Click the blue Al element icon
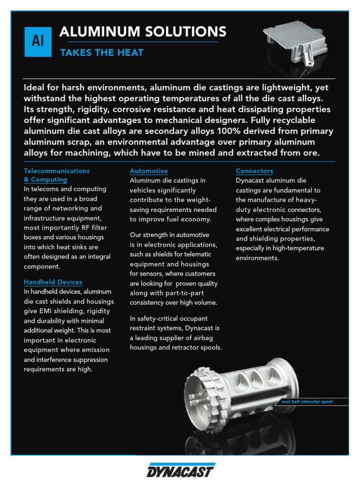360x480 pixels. pyautogui.click(x=38, y=42)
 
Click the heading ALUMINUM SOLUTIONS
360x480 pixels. pyautogui.click(x=142, y=32)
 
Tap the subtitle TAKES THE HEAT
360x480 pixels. pyautogui.click(x=101, y=52)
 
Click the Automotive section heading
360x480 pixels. pyautogui.click(x=149, y=171)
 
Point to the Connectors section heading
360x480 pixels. pyautogui.click(x=255, y=171)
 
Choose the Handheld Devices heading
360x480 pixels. pyautogui.click(x=53, y=282)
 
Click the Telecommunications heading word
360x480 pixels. pyautogui.click(x=57, y=171)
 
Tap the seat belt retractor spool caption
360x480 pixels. pyautogui.click(x=307, y=402)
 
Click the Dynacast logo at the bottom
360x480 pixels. pyautogui.click(x=180, y=470)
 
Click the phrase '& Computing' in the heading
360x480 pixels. pyautogui.click(x=45, y=180)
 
